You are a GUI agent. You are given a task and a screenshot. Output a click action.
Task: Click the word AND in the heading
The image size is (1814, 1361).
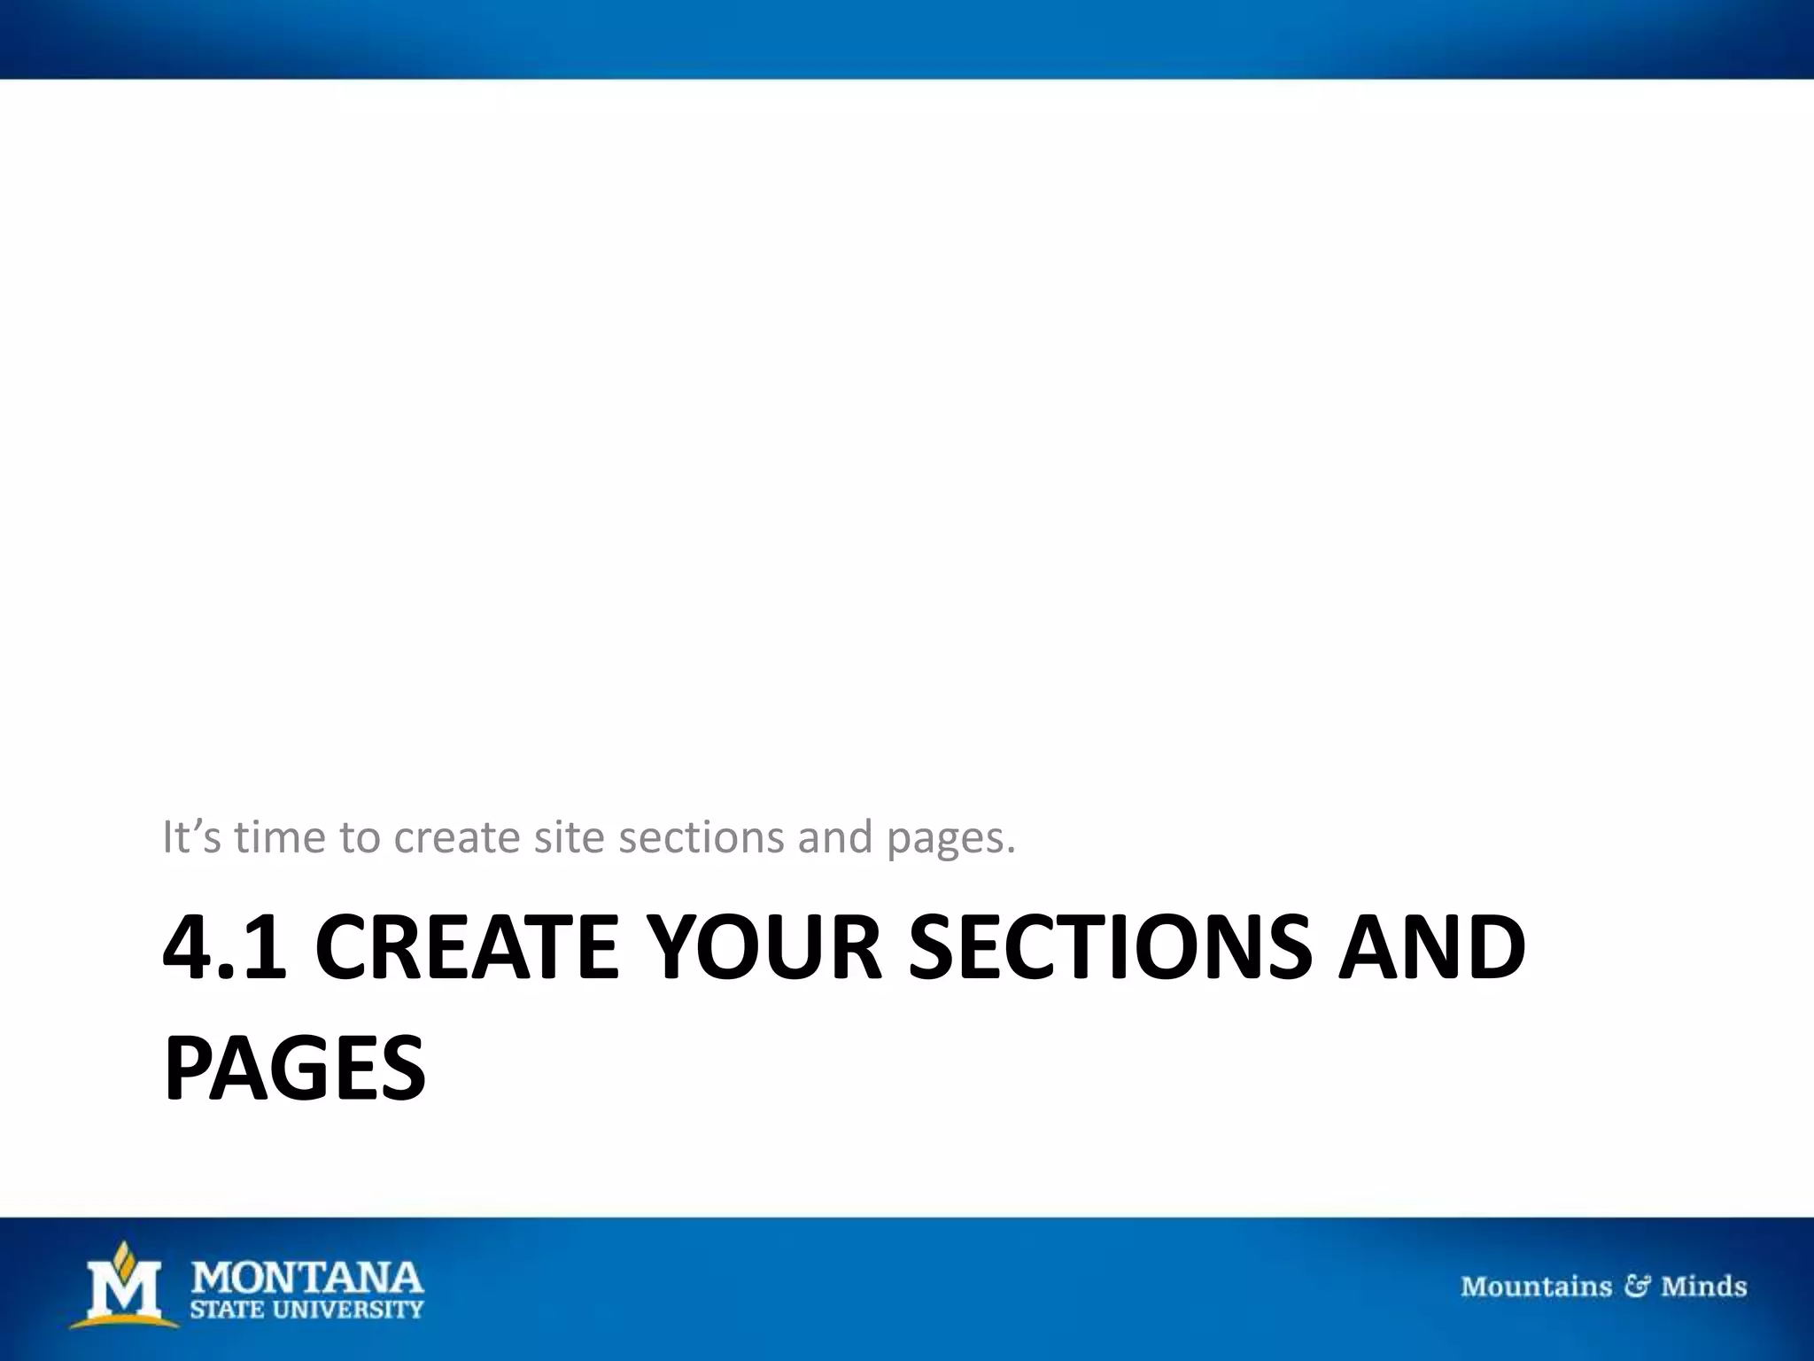click(1431, 948)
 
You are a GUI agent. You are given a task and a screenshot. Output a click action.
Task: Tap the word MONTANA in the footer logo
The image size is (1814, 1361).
click(307, 1279)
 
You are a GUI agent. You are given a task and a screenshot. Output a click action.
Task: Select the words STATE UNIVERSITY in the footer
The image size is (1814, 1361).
click(307, 1309)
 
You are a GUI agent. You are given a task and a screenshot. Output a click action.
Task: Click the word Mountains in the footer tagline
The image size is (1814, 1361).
click(1536, 1286)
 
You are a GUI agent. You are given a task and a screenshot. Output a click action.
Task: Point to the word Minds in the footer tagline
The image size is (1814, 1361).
click(1703, 1286)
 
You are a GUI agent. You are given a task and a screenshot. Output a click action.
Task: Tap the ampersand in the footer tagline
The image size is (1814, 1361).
click(1636, 1286)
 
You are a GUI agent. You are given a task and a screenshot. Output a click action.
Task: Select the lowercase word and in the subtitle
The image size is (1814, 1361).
click(835, 836)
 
